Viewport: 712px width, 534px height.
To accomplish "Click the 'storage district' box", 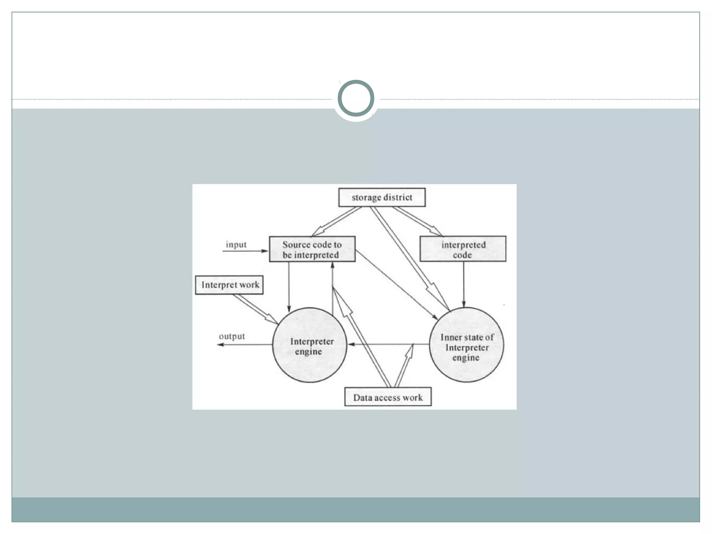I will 382,197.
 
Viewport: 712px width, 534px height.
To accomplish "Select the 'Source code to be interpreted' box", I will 312,249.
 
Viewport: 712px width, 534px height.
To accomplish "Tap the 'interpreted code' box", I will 463,249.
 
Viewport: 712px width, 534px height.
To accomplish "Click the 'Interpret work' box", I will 229,285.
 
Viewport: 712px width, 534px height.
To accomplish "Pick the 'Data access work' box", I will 388,397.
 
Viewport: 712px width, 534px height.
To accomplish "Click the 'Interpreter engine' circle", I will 309,345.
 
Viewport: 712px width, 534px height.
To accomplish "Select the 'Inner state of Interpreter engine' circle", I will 466,345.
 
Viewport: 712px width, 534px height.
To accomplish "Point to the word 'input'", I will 236,244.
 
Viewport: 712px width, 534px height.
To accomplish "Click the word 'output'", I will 232,336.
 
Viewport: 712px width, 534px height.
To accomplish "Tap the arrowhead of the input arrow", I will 265,251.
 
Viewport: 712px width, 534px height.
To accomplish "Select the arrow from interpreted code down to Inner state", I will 463,283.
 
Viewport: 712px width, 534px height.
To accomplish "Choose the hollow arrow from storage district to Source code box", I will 337,221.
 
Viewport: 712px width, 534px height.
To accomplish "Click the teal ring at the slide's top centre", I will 356,98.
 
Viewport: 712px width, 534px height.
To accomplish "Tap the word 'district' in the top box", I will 398,197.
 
